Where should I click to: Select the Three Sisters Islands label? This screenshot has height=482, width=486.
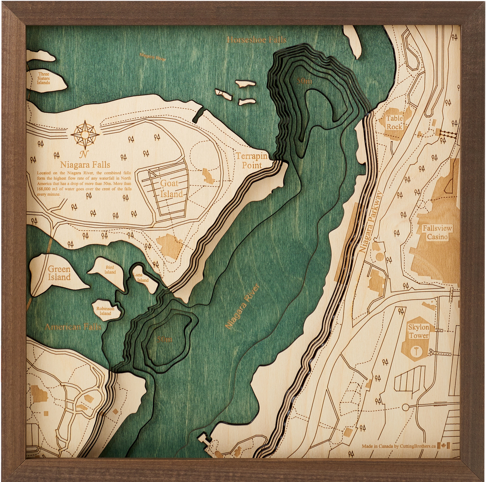(43, 78)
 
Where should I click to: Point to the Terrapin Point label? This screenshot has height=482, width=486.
(252, 161)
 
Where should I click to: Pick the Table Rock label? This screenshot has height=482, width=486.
(394, 123)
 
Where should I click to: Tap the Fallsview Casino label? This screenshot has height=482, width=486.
(437, 233)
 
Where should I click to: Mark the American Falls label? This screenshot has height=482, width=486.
(73, 327)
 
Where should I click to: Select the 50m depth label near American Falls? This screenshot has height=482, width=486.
(164, 339)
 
